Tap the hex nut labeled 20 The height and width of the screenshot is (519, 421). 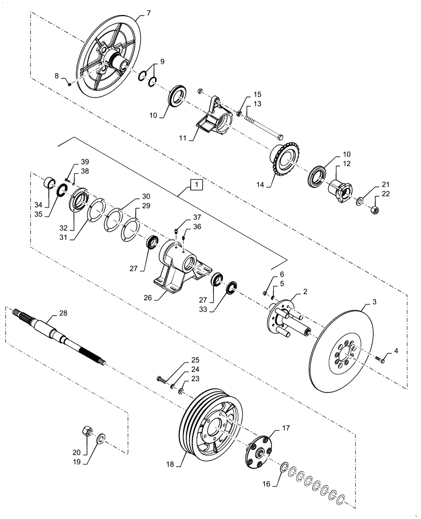pos(88,431)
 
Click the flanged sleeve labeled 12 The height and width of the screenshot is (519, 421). pos(340,187)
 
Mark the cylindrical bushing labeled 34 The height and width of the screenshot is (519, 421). pos(49,183)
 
